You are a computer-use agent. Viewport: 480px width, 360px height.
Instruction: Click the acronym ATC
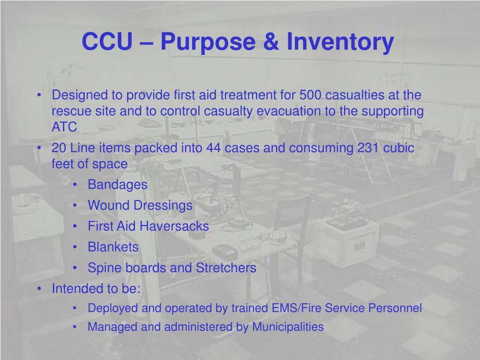pyautogui.click(x=64, y=127)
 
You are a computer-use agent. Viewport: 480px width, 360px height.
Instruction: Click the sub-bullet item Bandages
pyautogui.click(x=117, y=185)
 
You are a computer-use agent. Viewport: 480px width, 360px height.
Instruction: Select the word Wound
pyautogui.click(x=108, y=205)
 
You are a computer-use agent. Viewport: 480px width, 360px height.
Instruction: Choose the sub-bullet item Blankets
pyautogui.click(x=113, y=247)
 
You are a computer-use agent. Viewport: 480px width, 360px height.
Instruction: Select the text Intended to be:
pyautogui.click(x=96, y=289)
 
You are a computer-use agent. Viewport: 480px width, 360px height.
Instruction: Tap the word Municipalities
pyautogui.click(x=288, y=327)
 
